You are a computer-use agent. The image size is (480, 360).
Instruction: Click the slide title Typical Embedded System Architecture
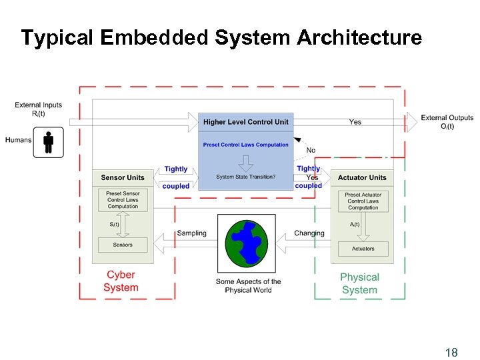221,37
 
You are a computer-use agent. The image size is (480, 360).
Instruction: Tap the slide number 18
451,353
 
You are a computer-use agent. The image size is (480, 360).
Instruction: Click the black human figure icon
48,142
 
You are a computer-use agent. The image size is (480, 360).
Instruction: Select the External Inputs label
38,109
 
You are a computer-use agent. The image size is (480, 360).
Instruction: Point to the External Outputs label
447,122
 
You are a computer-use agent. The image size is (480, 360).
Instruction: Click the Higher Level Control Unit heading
246,122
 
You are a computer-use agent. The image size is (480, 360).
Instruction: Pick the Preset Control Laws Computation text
246,145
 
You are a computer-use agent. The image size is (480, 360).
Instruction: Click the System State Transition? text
246,177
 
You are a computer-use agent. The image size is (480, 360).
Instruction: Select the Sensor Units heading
123,178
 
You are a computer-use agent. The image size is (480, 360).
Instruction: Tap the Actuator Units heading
362,178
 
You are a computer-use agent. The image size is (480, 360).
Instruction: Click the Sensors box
123,245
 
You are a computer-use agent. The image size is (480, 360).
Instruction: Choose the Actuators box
363,249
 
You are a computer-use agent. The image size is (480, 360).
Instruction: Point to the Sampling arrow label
191,233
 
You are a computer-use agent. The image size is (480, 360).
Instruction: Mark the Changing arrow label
309,233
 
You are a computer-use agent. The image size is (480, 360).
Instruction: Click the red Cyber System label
121,281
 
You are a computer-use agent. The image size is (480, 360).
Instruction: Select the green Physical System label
359,283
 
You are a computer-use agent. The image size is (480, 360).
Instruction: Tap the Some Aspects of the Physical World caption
248,286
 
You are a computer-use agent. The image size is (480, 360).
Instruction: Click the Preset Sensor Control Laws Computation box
123,200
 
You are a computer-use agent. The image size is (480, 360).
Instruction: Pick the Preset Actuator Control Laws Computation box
363,201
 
